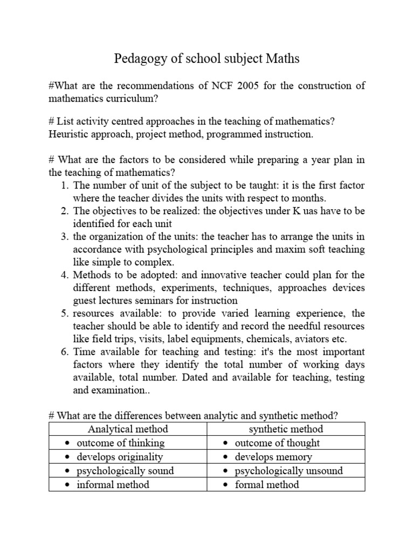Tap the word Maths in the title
tap(282, 59)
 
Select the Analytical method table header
tap(128, 429)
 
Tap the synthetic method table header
tap(286, 429)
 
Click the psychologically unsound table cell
tap(288, 471)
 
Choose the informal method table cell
tap(113, 484)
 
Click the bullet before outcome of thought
tap(226, 443)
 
